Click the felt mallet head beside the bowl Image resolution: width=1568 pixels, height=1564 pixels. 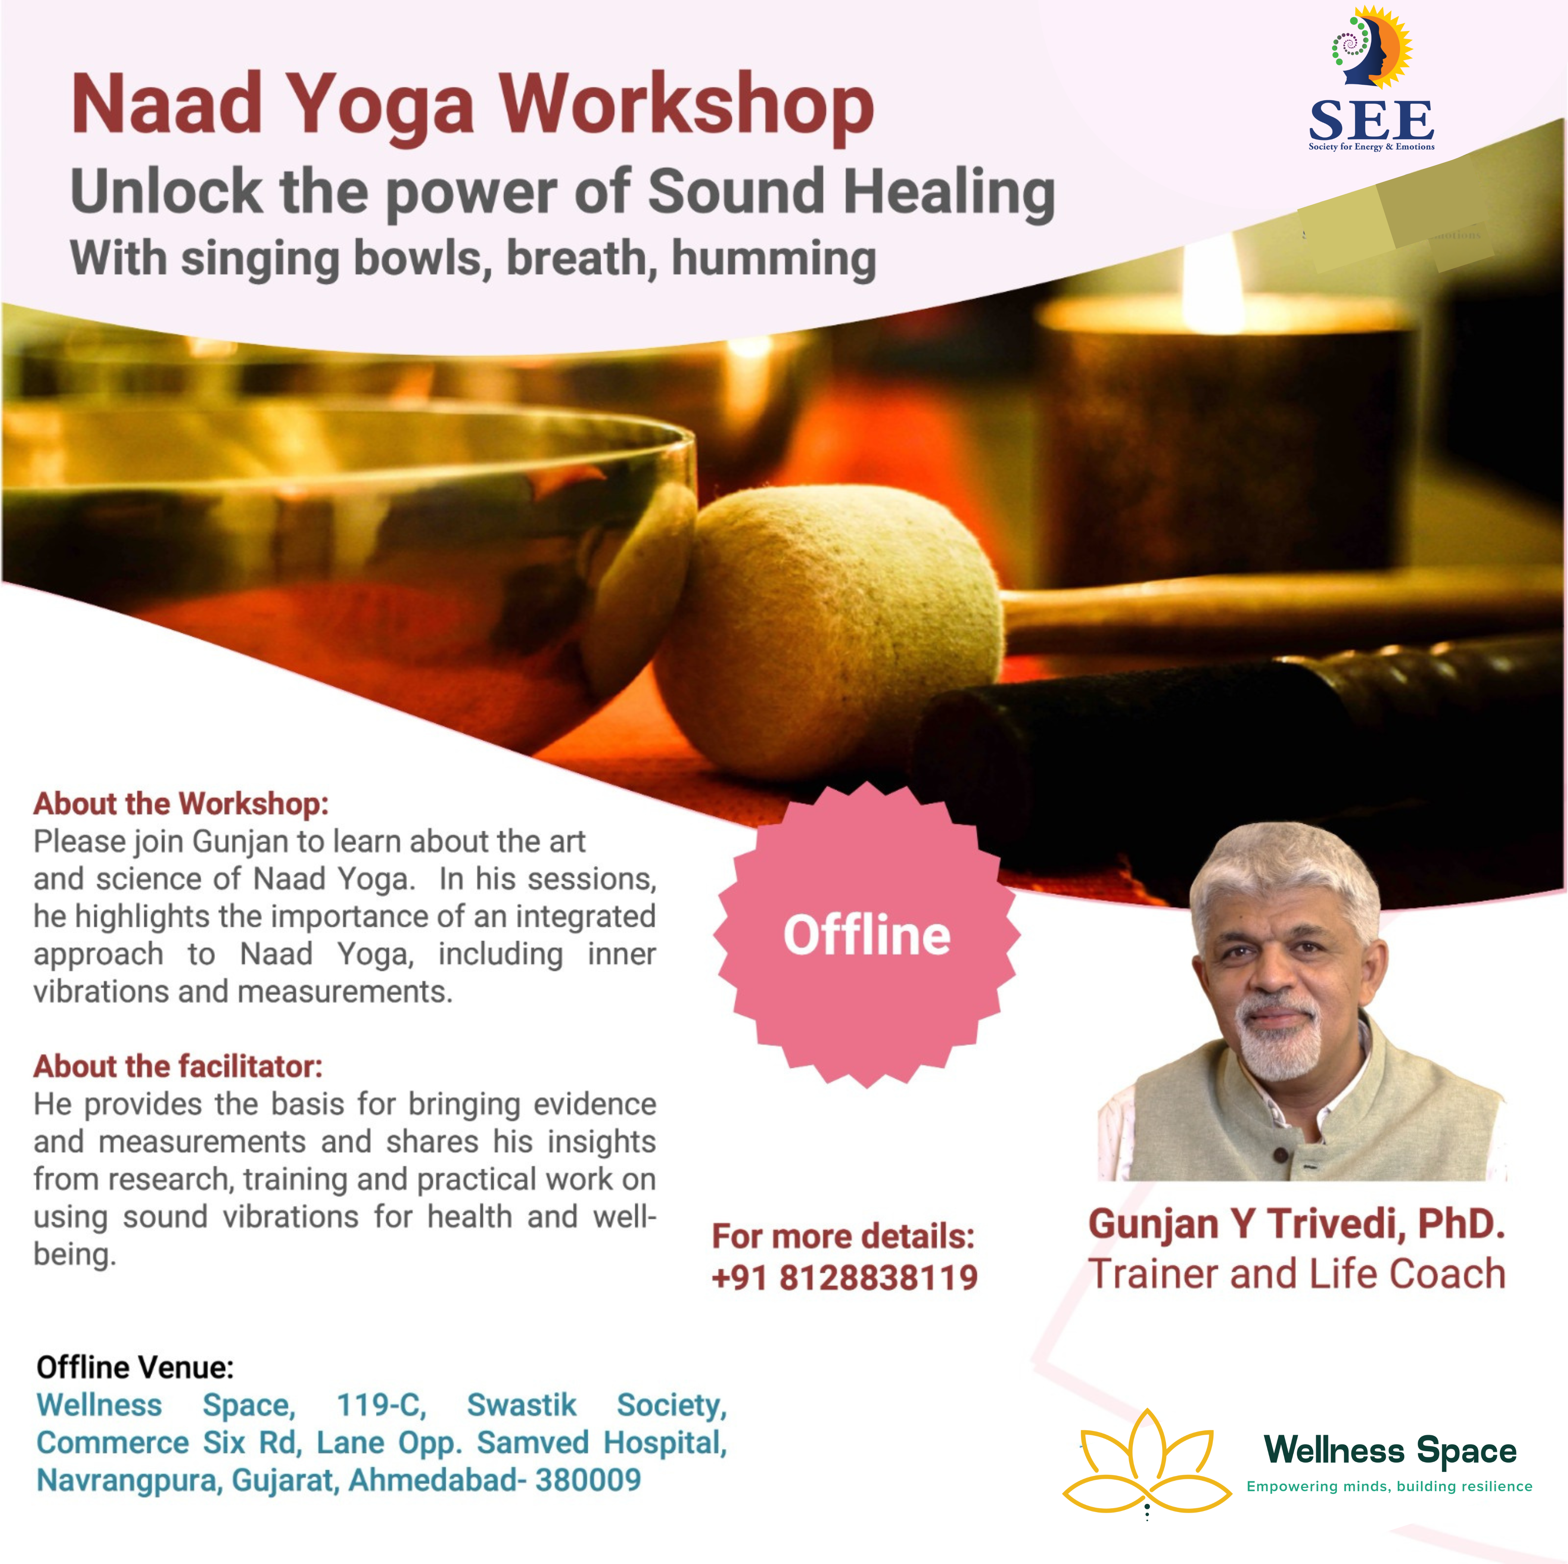coord(828,633)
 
